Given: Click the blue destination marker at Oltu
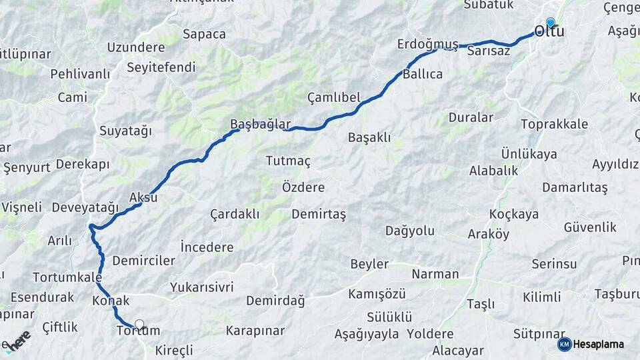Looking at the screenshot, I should (x=550, y=22).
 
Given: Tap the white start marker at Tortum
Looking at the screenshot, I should (x=139, y=325).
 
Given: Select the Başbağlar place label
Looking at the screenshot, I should (x=260, y=124).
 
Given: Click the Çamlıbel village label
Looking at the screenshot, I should (x=333, y=97).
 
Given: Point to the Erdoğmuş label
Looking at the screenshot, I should (x=427, y=44).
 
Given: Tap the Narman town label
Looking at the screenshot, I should (x=435, y=274).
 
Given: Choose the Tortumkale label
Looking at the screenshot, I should (x=67, y=277).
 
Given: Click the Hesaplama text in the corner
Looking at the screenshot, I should (x=599, y=344).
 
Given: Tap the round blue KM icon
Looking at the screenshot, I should (x=564, y=344).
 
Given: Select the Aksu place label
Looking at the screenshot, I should (x=143, y=198).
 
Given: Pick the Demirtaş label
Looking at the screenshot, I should (x=319, y=214).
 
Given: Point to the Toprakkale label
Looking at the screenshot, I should (x=555, y=124).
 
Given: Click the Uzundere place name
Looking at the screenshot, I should (x=136, y=47).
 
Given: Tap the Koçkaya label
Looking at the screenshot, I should (x=513, y=214).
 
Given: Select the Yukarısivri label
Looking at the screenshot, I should (x=201, y=287).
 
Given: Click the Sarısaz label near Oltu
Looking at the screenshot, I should (x=489, y=51).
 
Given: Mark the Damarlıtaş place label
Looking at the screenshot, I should (x=575, y=187).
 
